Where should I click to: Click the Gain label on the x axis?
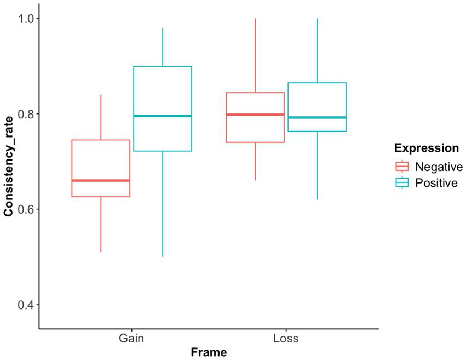coord(132,338)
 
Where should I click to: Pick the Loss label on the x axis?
coord(286,338)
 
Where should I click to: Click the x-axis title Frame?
coord(209,352)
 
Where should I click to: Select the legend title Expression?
coord(427,148)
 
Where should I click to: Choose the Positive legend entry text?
coord(436,183)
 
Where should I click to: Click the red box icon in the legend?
coord(402,167)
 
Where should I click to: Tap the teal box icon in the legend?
coord(402,183)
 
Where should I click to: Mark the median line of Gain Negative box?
coord(101,180)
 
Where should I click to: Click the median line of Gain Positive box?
coord(163,116)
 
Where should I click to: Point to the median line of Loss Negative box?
coord(255,115)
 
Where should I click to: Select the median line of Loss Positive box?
coord(317,117)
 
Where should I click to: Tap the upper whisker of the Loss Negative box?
coord(255,55)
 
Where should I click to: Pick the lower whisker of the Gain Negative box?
coord(101,225)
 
